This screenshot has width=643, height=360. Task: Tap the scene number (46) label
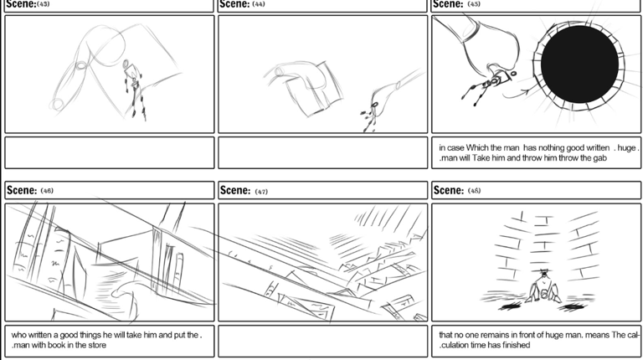tap(47, 191)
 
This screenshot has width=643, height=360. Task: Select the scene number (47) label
tap(261, 191)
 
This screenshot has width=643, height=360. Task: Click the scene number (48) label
tap(475, 191)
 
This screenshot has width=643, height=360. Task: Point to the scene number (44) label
tap(259, 4)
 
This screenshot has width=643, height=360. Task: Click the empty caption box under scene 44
tap(322, 152)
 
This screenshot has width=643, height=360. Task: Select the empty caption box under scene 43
tap(109, 152)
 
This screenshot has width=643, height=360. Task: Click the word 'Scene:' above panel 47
tap(234, 190)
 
